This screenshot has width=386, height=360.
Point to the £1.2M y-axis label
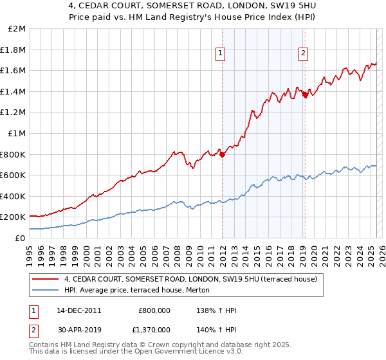pos(14,113)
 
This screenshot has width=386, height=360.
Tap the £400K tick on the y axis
pos(14,196)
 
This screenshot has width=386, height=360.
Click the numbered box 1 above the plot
pos(221,54)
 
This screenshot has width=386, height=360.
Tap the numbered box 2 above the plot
pos(302,54)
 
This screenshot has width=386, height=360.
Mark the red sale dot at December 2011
pos(222,154)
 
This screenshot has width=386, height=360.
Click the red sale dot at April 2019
pos(305,95)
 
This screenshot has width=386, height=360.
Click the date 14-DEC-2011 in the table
pos(79,310)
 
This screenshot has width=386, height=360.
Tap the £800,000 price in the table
pos(154,310)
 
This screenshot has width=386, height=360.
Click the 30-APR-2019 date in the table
pos(79,329)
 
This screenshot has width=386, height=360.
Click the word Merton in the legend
pos(194,291)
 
